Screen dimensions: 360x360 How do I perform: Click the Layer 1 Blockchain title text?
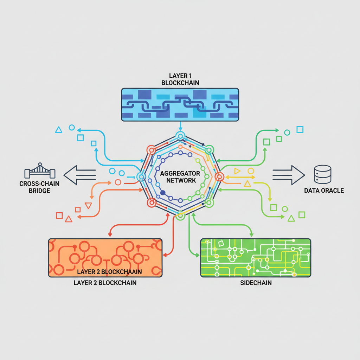[x=180, y=79]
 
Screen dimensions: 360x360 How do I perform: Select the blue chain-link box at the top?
[x=180, y=104]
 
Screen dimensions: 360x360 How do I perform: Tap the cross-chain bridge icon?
[x=40, y=171]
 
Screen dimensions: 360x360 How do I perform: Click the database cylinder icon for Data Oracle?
[x=322, y=174]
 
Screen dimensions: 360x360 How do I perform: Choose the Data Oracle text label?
[x=324, y=191]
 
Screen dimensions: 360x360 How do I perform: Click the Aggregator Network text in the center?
[x=180, y=177]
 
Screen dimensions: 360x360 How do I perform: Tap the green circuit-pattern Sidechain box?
[x=255, y=258]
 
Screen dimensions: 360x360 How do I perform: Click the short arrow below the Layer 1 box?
[x=180, y=126]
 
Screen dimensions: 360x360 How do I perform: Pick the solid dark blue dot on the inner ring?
[x=162, y=192]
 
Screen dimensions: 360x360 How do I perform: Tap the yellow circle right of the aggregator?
[x=251, y=171]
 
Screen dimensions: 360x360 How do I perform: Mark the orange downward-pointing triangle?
[x=88, y=206]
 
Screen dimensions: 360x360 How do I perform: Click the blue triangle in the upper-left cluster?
[x=59, y=130]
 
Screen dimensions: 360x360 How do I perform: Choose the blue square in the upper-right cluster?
[x=300, y=130]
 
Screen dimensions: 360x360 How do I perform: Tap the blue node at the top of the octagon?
[x=180, y=136]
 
